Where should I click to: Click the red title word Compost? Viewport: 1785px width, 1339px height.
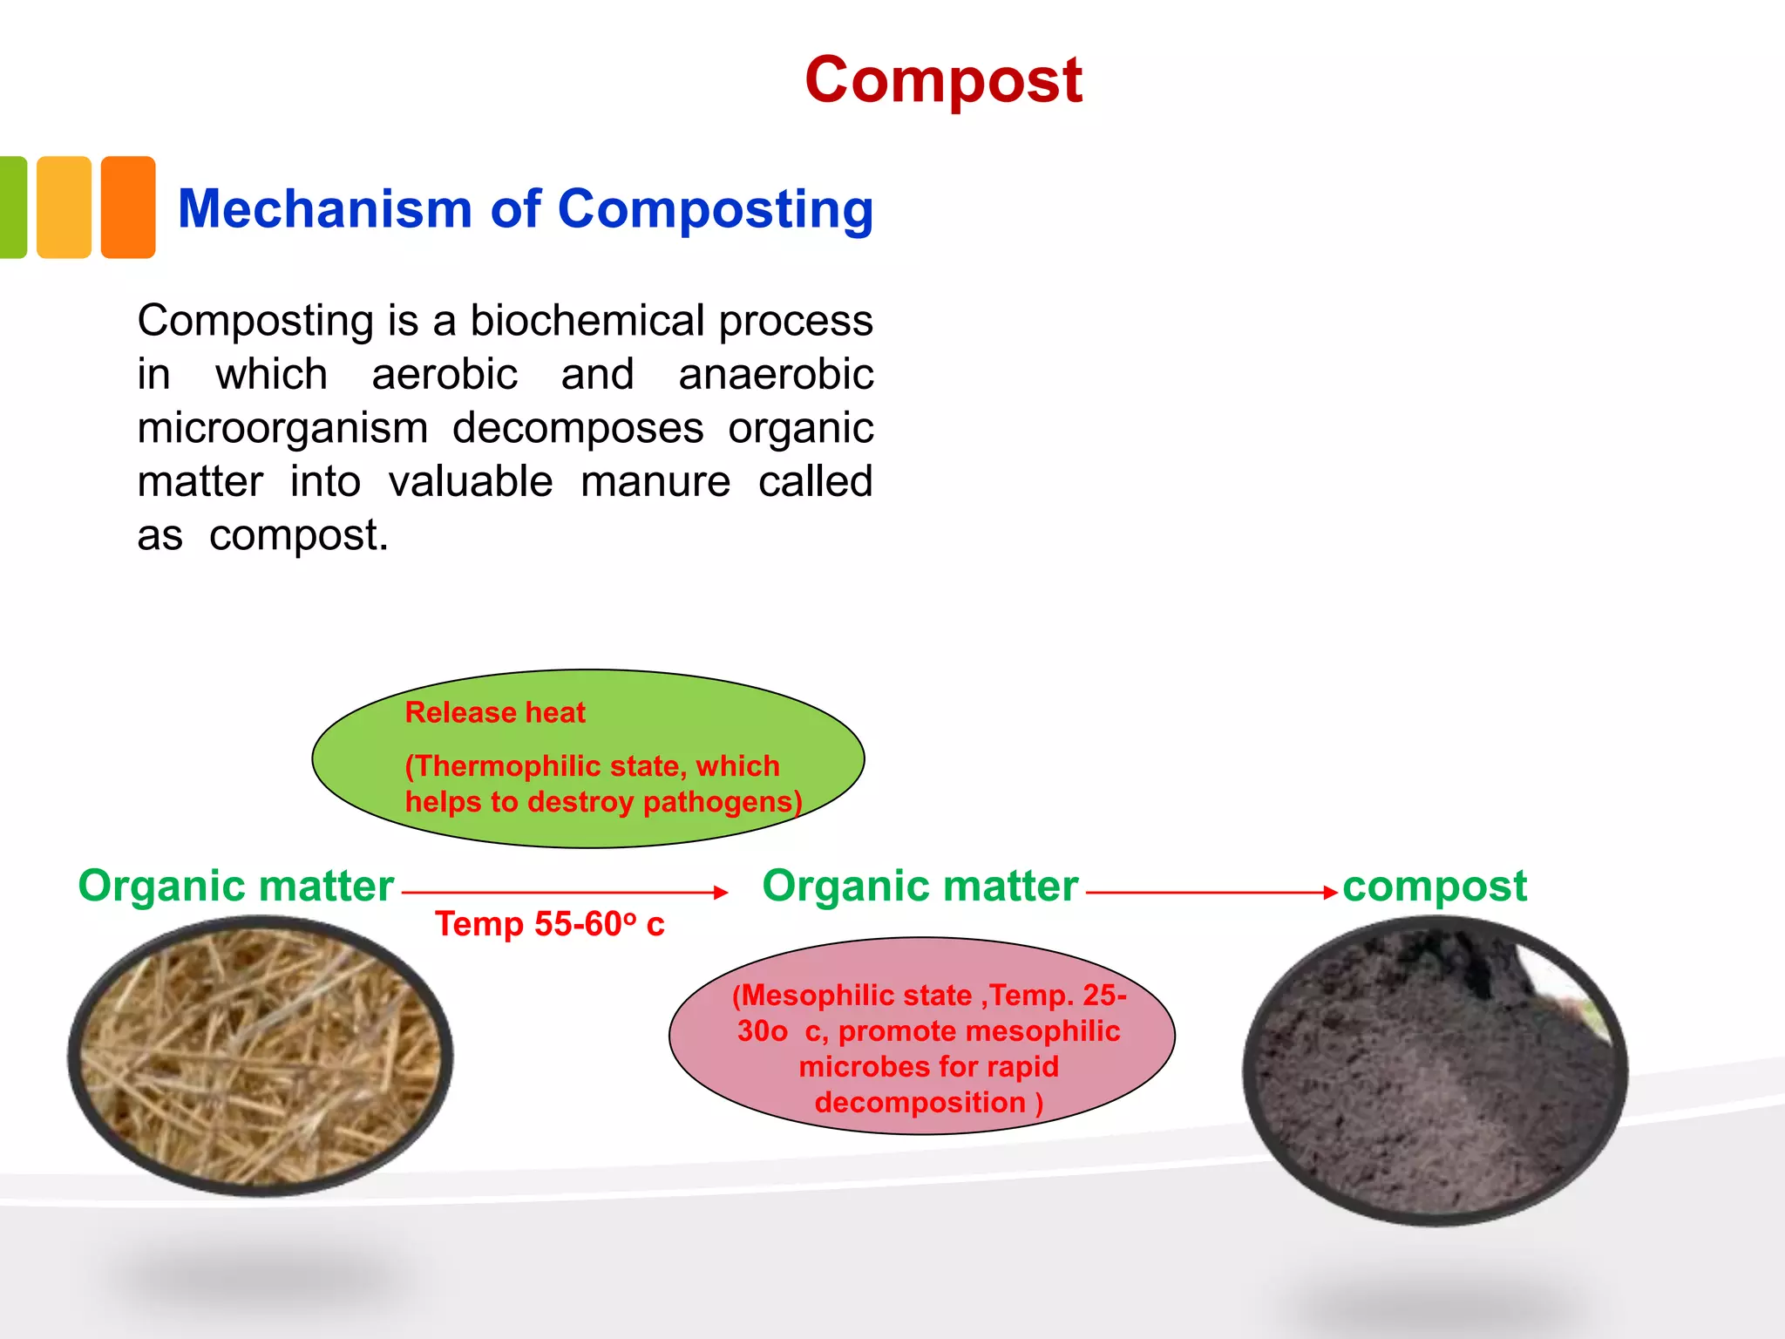(943, 80)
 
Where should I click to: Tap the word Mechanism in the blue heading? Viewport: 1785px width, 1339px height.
(324, 209)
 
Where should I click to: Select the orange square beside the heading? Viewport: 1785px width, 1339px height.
(128, 207)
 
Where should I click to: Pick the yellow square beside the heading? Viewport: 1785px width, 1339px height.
(64, 207)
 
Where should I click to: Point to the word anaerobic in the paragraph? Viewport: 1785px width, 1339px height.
(776, 375)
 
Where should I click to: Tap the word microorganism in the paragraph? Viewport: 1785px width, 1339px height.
(282, 428)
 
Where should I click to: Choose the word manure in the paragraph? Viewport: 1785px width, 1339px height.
(655, 482)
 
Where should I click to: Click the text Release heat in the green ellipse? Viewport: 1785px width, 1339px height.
(495, 713)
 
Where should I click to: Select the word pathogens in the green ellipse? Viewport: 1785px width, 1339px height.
(722, 802)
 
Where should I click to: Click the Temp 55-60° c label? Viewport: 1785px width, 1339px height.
(549, 924)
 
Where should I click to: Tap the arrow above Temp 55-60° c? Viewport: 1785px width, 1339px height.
(564, 892)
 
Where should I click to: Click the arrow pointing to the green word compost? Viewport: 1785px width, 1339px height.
(1211, 892)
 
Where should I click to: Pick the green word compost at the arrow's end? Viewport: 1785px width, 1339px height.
(1435, 887)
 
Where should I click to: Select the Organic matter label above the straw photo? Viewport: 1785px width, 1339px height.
(235, 887)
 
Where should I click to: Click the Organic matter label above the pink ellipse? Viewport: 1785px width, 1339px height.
(920, 887)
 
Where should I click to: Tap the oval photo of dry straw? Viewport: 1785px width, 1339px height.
(260, 1055)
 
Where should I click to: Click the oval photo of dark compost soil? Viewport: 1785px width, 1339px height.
(1435, 1071)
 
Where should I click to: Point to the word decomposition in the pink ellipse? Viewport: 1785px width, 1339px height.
(920, 1103)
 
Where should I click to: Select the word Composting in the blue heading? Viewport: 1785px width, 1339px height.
(715, 209)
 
